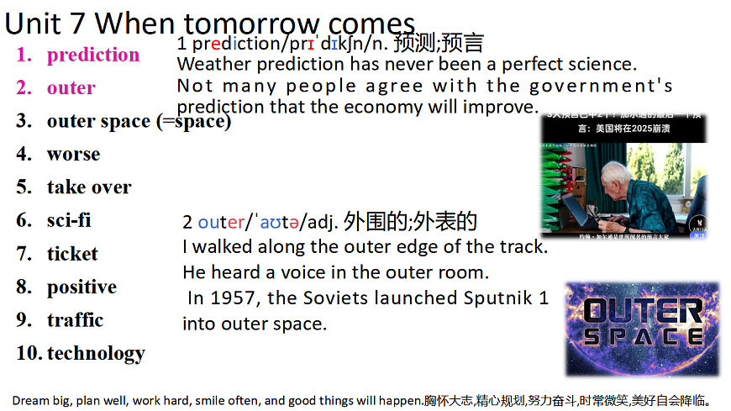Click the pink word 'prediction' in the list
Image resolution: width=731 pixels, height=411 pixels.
pyautogui.click(x=93, y=55)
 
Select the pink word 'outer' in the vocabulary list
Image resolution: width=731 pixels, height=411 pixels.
pyautogui.click(x=71, y=88)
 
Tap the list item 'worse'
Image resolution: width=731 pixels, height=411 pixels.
pyautogui.click(x=73, y=155)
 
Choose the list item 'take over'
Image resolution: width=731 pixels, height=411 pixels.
pyautogui.click(x=89, y=187)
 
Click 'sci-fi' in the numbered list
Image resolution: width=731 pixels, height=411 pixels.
pyautogui.click(x=69, y=220)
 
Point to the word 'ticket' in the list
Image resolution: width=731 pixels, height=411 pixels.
pyautogui.click(x=72, y=254)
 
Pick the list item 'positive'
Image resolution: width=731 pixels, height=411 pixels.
pyautogui.click(x=82, y=287)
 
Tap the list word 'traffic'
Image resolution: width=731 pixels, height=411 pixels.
pyautogui.click(x=75, y=320)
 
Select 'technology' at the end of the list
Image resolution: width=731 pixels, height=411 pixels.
pyautogui.click(x=96, y=353)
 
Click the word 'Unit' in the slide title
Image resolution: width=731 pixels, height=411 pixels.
pyautogui.click(x=31, y=23)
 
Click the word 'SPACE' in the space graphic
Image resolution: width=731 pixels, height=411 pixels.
pyautogui.click(x=643, y=337)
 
